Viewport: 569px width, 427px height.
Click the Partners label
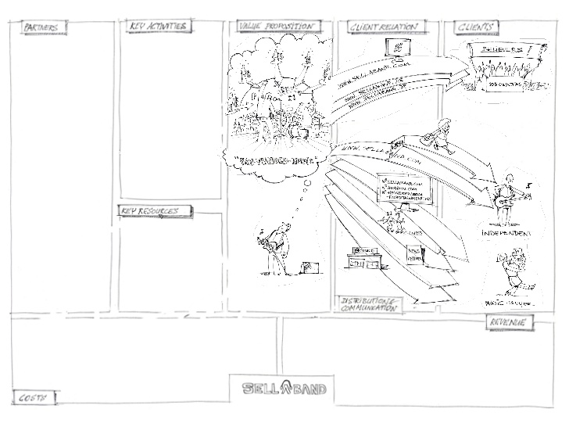click(44, 29)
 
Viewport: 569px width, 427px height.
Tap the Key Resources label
click(150, 211)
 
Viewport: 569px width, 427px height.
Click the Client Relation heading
click(383, 27)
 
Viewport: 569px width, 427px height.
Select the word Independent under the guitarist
click(506, 234)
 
